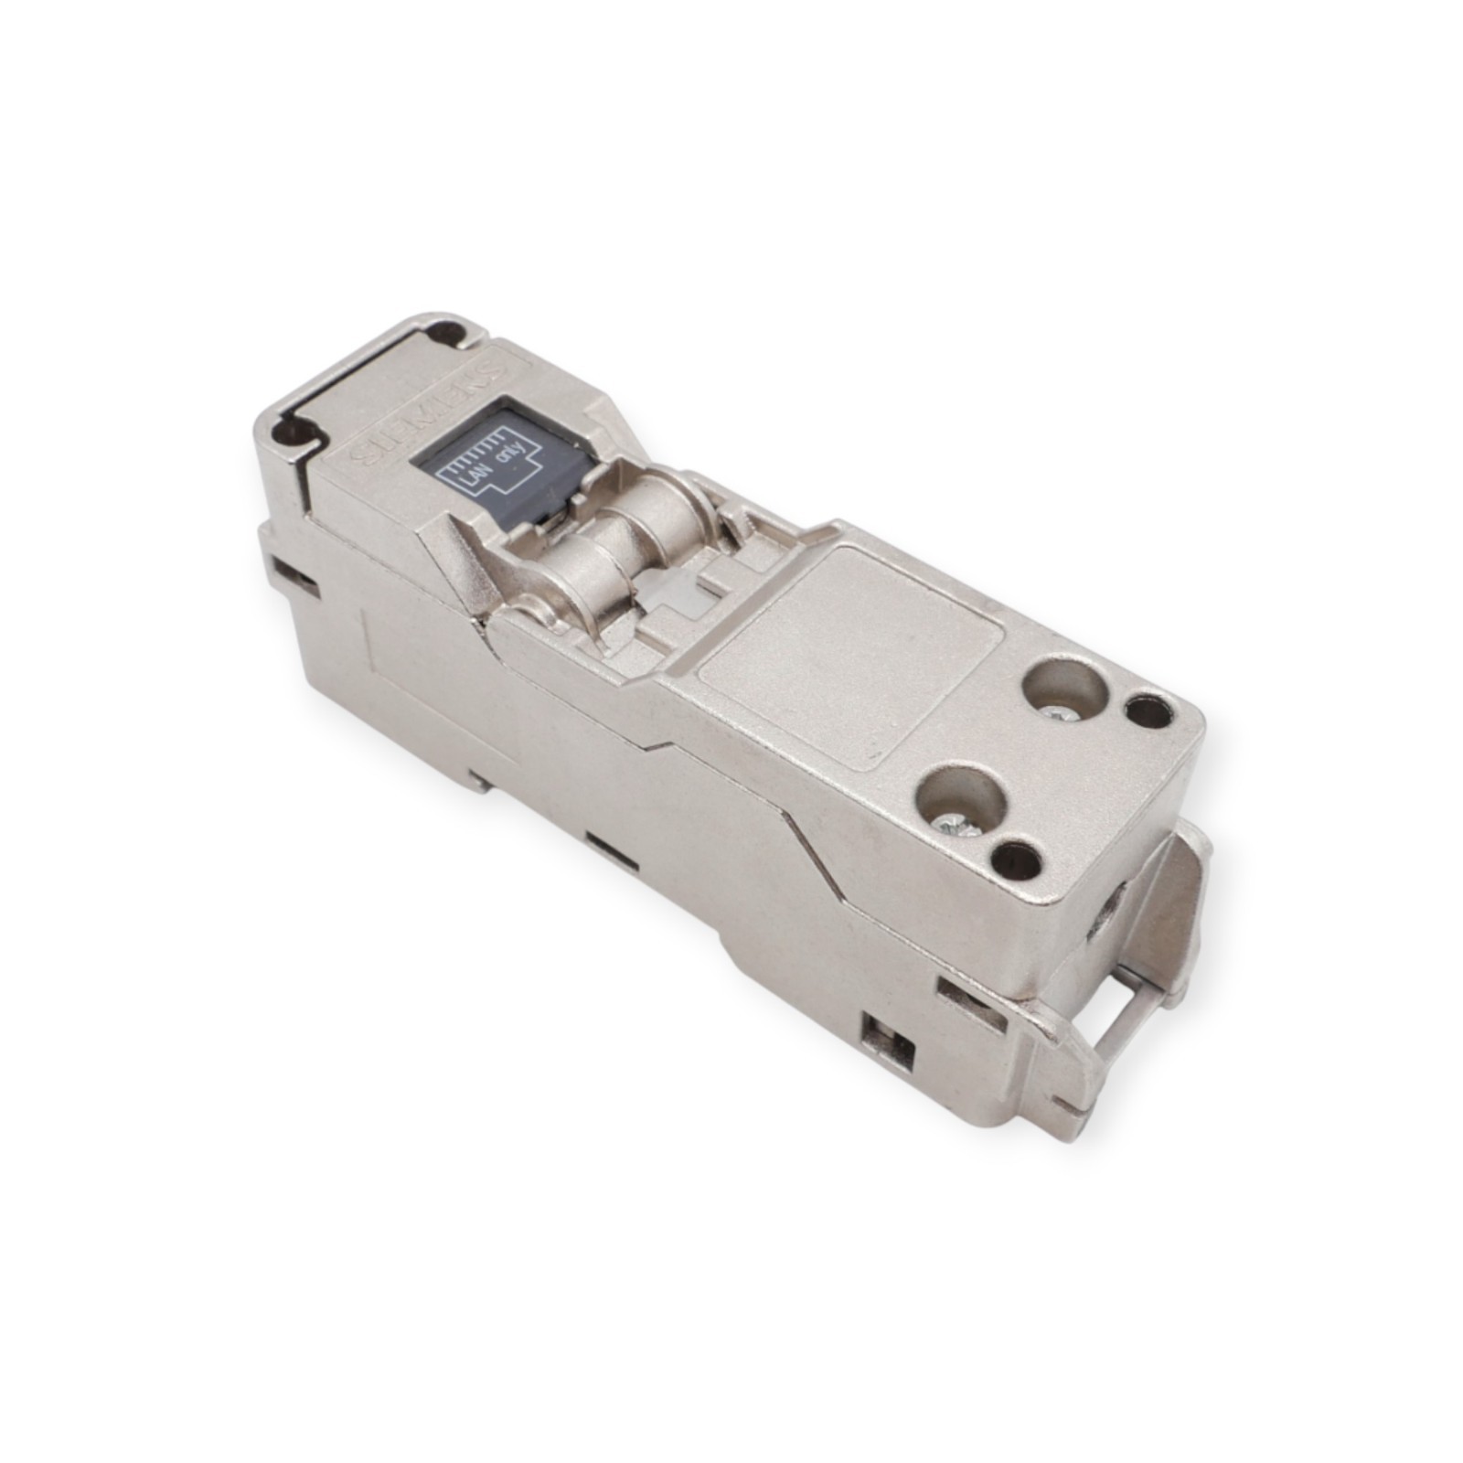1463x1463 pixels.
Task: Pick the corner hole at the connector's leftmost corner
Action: [294, 428]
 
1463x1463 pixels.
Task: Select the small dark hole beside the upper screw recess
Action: [1148, 710]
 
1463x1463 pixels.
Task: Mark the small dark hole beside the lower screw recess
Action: [1013, 858]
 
